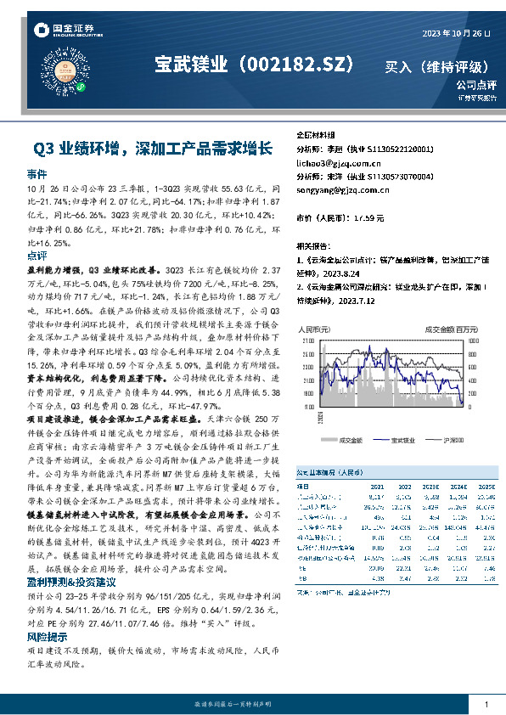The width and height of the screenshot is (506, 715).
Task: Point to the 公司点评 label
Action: point(475,85)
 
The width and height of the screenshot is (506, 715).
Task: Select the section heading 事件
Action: point(37,173)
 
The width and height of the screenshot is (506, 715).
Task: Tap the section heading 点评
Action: point(37,255)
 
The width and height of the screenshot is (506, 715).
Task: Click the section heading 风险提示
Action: point(48,636)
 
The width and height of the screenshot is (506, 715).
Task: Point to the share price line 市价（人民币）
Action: point(339,218)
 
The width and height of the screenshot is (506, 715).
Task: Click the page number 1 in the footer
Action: point(485,705)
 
